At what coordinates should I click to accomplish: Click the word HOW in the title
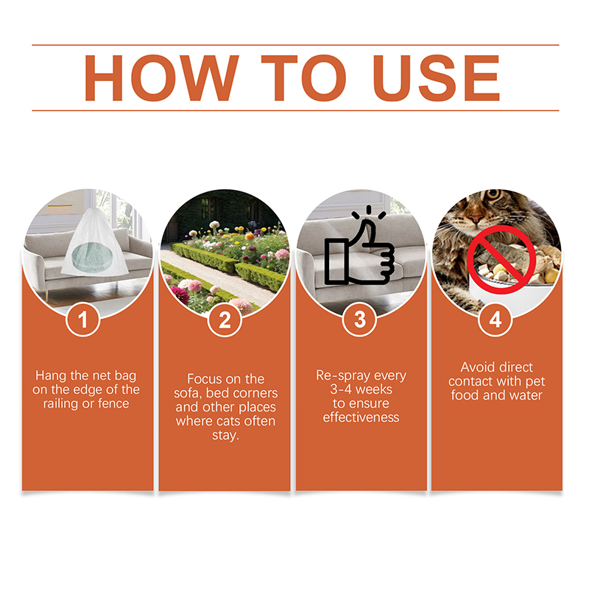pyautogui.click(x=161, y=78)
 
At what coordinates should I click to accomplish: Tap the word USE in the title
pyautogui.click(x=436, y=78)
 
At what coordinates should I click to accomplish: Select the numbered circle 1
pyautogui.click(x=83, y=320)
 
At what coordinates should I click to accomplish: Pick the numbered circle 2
pyautogui.click(x=225, y=320)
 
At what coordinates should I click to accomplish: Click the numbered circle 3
pyautogui.click(x=360, y=320)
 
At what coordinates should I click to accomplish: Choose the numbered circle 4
pyautogui.click(x=495, y=320)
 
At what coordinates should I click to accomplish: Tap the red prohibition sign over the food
pyautogui.click(x=501, y=259)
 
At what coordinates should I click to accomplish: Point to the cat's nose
pyautogui.click(x=476, y=219)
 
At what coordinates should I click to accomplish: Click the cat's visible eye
pyautogui.click(x=494, y=194)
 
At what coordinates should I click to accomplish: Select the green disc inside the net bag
pyautogui.click(x=92, y=257)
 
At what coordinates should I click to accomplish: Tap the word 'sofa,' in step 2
pyautogui.click(x=188, y=393)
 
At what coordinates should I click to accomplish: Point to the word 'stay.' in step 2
pyautogui.click(x=225, y=435)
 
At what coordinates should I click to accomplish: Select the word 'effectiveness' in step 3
pyautogui.click(x=361, y=417)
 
